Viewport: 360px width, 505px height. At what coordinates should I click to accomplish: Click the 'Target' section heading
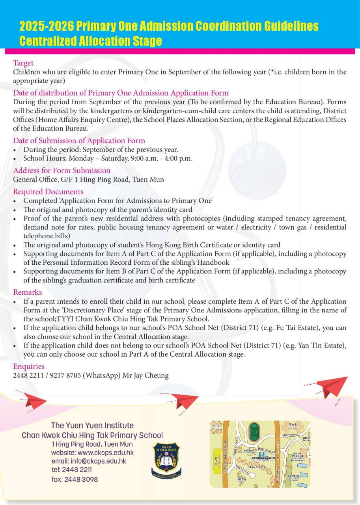click(23, 63)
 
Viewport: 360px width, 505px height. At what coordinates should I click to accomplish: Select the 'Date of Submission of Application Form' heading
click(79, 141)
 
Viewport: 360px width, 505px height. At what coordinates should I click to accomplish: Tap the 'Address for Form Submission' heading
click(62, 171)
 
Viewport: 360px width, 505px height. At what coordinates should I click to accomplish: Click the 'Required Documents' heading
click(48, 192)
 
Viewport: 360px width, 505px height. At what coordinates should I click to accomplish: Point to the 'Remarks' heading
click(27, 292)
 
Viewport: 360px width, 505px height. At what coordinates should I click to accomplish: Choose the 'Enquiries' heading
click(29, 367)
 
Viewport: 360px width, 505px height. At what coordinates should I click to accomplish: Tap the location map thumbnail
click(260, 454)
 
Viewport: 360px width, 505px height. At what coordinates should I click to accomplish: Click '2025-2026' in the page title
click(47, 26)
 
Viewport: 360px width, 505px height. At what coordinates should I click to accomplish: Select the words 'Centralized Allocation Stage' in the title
click(91, 41)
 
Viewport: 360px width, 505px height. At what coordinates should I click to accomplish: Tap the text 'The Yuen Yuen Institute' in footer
click(92, 426)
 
